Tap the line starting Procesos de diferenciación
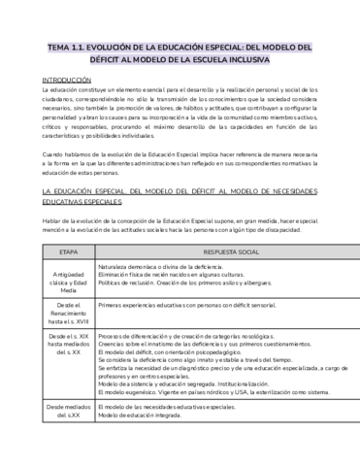tap(193, 334)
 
